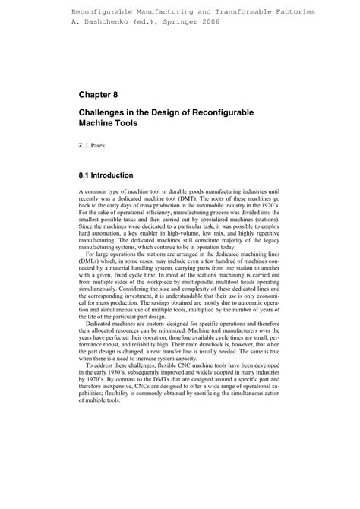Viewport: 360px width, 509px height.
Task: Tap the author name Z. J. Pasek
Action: click(94, 144)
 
